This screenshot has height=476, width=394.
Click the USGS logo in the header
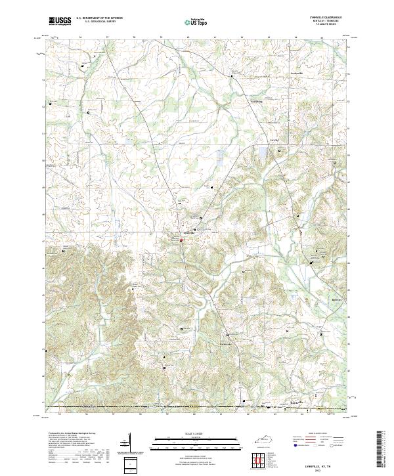point(60,21)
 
